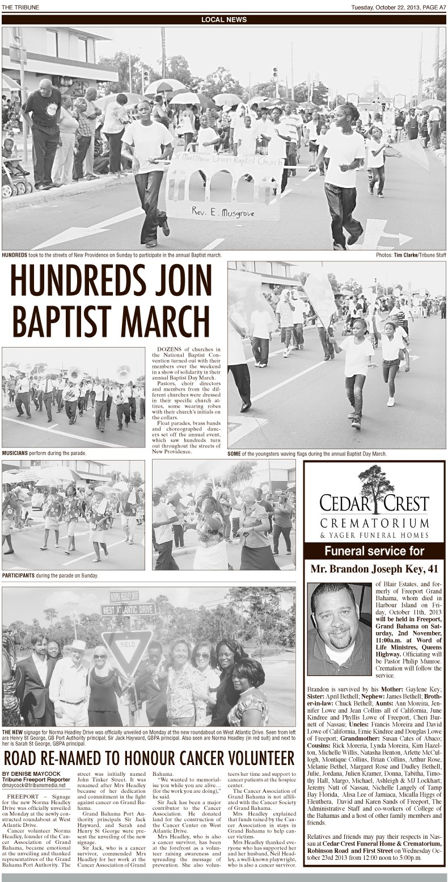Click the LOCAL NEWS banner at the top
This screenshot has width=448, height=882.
(223, 19)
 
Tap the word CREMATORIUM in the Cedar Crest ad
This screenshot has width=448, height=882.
(374, 522)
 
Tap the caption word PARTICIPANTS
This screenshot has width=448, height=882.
(20, 575)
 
